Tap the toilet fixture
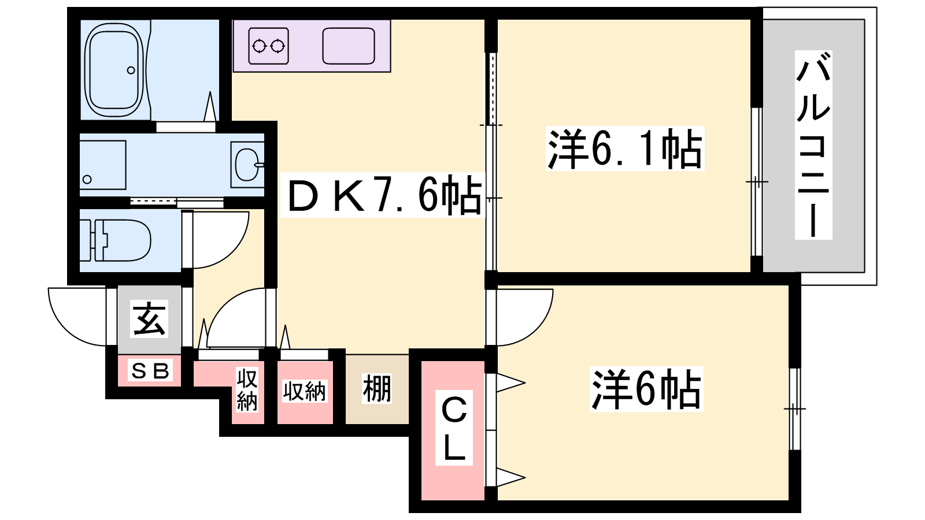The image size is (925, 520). click(121, 240)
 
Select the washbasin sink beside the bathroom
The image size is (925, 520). click(247, 165)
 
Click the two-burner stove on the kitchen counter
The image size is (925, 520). click(269, 46)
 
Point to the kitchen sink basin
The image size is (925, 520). click(349, 46)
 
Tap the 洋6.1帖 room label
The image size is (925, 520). click(624, 148)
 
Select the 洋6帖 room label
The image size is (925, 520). click(646, 389)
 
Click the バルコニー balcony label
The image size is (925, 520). click(813, 144)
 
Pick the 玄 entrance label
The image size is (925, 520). click(150, 318)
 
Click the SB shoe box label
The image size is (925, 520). click(150, 370)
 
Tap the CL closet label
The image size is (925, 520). click(454, 428)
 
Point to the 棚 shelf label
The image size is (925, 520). click(377, 388)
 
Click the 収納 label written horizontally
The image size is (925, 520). click(305, 391)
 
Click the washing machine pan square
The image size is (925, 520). click(102, 165)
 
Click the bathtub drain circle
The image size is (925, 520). click(131, 70)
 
